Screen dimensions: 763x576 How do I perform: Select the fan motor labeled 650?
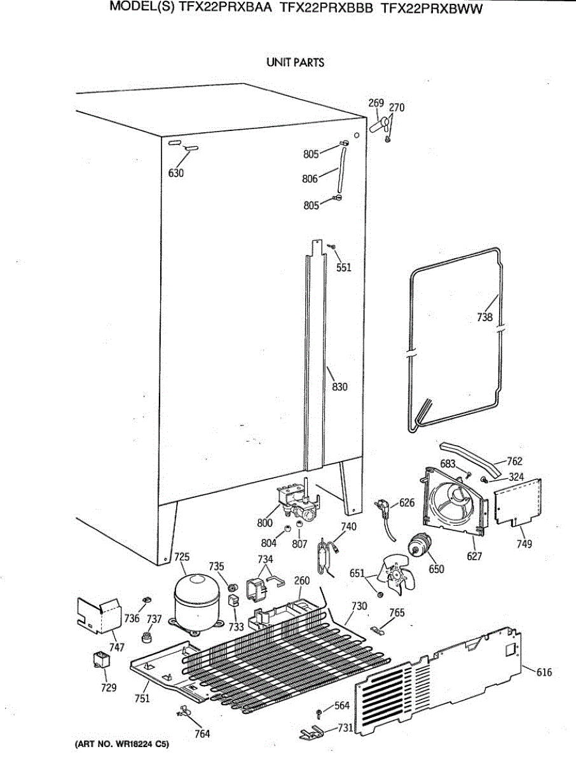point(419,546)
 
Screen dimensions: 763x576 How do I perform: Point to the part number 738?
point(485,317)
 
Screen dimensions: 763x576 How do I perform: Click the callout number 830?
point(339,386)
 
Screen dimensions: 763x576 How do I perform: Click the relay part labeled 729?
point(99,659)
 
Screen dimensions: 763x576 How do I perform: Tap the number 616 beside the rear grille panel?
point(544,672)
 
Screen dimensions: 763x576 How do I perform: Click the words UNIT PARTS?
point(295,62)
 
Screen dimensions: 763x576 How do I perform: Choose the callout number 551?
point(344,268)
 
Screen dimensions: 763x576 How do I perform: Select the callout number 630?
point(176,173)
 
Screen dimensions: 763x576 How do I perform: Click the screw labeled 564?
point(317,712)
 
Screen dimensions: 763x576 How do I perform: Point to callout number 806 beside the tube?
point(310,179)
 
